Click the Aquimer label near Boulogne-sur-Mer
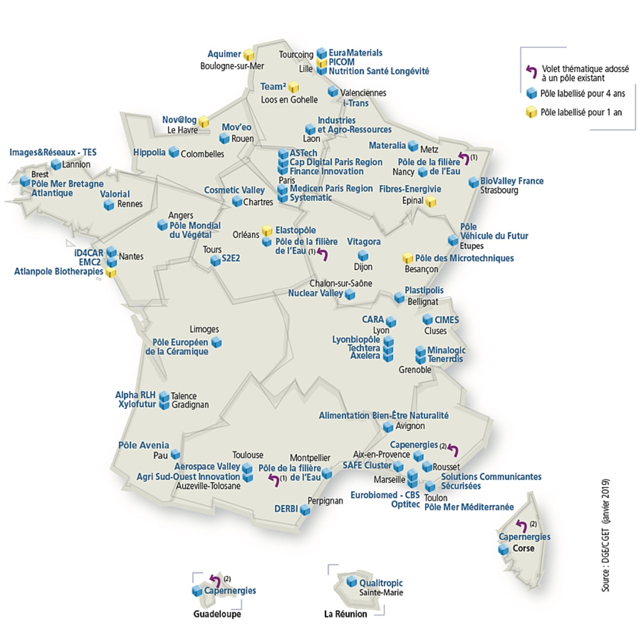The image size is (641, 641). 224,54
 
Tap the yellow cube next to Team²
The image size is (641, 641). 294,88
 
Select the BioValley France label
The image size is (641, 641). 511,181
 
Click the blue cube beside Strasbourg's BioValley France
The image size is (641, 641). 473,182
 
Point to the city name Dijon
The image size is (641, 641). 363,267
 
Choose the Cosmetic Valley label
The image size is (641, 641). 234,190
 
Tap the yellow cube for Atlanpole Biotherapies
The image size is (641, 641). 111,273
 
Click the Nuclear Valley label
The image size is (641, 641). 315,293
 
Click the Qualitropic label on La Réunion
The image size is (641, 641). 381,583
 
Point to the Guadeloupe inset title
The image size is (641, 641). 217,614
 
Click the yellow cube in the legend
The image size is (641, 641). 531,113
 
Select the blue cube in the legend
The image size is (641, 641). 531,93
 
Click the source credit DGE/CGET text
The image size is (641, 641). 605,536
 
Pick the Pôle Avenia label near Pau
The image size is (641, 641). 144,445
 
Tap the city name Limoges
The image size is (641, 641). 204,329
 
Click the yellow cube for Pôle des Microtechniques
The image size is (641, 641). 408,259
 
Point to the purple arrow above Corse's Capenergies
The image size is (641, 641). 521,525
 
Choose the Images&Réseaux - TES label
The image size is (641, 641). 53,152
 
